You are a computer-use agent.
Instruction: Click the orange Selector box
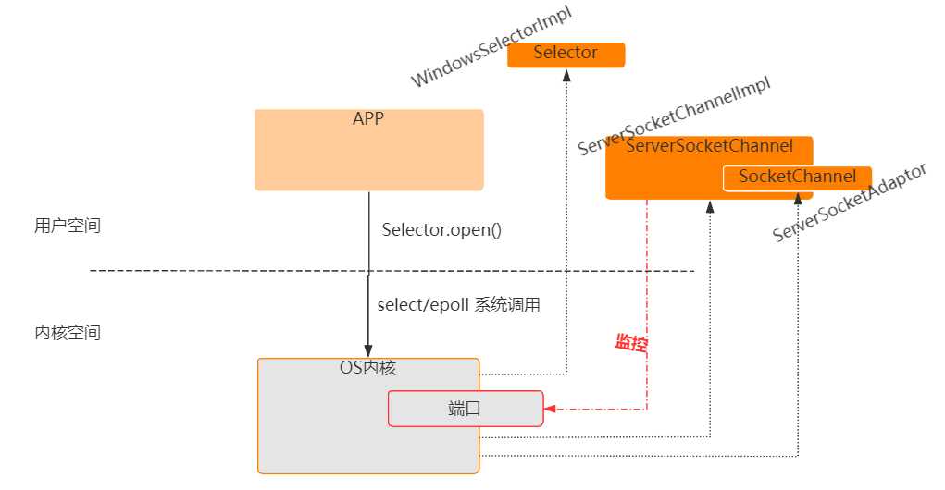566,55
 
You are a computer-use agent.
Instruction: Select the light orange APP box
368,151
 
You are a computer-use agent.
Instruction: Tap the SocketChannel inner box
797,177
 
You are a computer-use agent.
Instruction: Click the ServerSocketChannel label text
709,146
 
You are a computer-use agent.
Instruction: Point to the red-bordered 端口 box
465,409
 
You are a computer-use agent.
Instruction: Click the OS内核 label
367,368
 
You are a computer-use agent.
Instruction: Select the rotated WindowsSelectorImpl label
491,45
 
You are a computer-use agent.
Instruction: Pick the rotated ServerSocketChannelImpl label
674,116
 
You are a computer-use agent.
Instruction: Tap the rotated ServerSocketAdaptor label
849,205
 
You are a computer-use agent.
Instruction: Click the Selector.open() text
441,229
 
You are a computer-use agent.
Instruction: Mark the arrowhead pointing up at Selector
566,77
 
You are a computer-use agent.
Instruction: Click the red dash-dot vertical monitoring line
647,296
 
